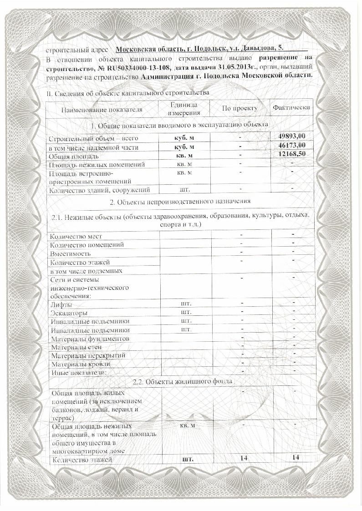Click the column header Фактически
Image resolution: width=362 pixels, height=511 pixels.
[291, 107]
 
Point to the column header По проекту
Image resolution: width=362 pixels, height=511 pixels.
[240, 108]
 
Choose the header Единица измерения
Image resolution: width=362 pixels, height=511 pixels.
[184, 109]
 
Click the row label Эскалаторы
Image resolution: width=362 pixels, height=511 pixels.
[69, 313]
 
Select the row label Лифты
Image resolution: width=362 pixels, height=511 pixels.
[61, 304]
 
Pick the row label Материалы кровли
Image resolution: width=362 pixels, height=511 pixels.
[81, 364]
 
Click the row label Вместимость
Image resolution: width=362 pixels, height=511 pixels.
[71, 253]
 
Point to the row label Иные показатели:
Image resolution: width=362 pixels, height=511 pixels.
[78, 372]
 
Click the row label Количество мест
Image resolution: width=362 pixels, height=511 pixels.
[76, 236]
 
